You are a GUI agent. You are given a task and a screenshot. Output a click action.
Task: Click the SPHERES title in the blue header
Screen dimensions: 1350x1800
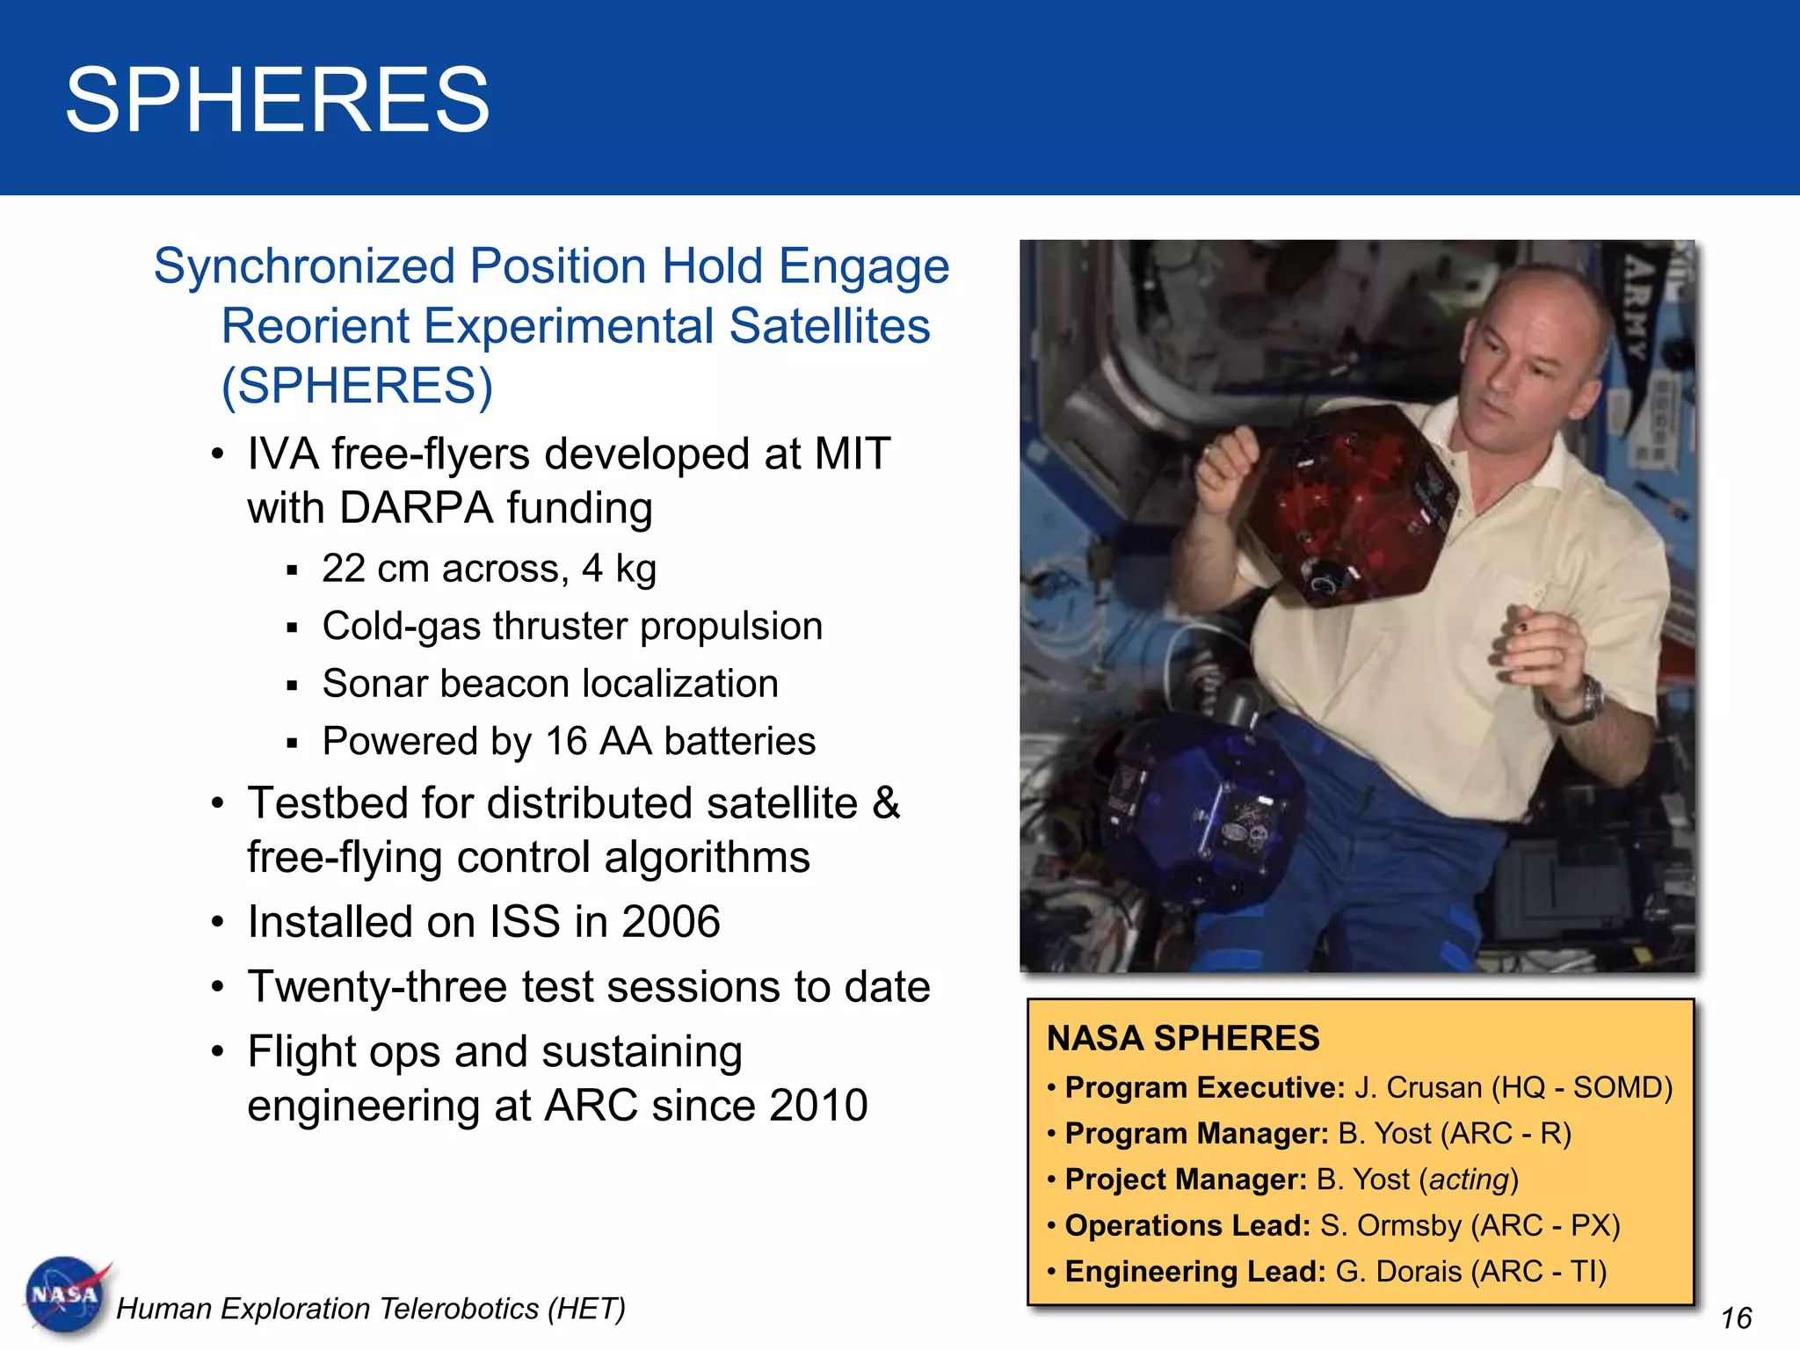277,100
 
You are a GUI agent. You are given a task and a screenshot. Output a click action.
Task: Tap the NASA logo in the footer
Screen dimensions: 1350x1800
66,1295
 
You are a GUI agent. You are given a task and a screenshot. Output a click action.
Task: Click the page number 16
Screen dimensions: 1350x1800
1736,1318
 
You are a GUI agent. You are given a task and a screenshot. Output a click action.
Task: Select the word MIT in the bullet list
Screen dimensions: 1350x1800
852,454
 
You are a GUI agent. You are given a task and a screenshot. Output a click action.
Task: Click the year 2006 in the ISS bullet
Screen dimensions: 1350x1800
670,922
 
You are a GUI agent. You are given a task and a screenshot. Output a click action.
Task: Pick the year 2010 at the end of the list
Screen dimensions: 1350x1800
817,1106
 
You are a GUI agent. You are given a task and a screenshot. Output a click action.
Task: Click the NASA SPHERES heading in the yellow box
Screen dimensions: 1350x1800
1183,1038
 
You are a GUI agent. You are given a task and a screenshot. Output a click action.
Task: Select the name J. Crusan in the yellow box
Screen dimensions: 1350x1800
1418,1088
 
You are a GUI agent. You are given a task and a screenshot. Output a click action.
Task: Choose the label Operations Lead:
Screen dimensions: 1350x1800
1187,1225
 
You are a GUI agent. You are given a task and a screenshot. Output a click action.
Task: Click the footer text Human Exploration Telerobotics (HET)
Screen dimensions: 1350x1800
371,1309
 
